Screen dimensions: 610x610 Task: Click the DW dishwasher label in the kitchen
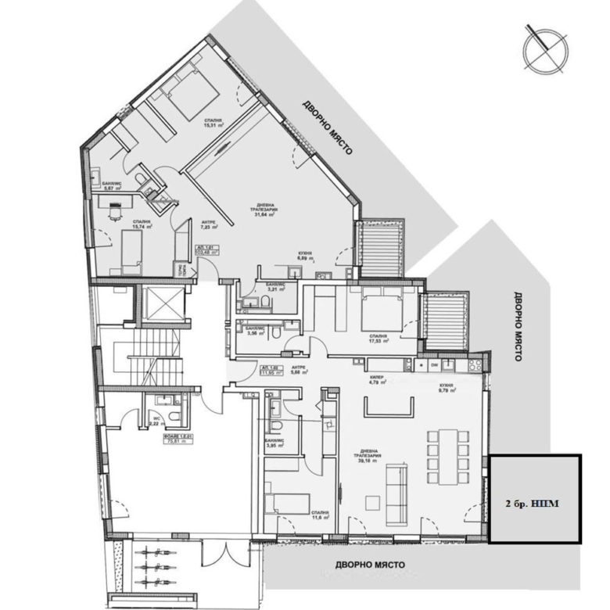point(434,364)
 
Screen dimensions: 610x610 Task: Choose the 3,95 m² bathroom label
point(273,444)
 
